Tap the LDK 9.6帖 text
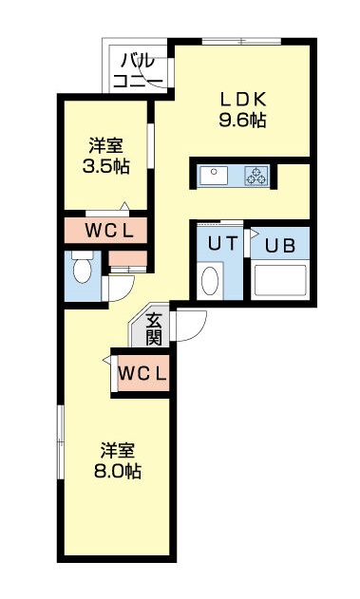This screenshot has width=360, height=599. (x=242, y=108)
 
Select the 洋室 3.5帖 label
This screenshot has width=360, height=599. (x=106, y=155)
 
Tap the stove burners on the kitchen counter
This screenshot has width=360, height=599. (x=257, y=176)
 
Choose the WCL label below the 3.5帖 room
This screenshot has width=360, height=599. (x=106, y=230)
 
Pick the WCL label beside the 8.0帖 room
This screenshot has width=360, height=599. (x=142, y=372)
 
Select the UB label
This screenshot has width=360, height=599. (x=279, y=244)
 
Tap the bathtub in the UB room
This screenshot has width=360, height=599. (x=279, y=281)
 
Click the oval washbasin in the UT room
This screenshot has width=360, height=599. (x=211, y=281)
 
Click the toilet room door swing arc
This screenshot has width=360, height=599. (x=120, y=285)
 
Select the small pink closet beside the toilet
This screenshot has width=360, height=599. (x=126, y=257)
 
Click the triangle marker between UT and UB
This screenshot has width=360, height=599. (x=253, y=233)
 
